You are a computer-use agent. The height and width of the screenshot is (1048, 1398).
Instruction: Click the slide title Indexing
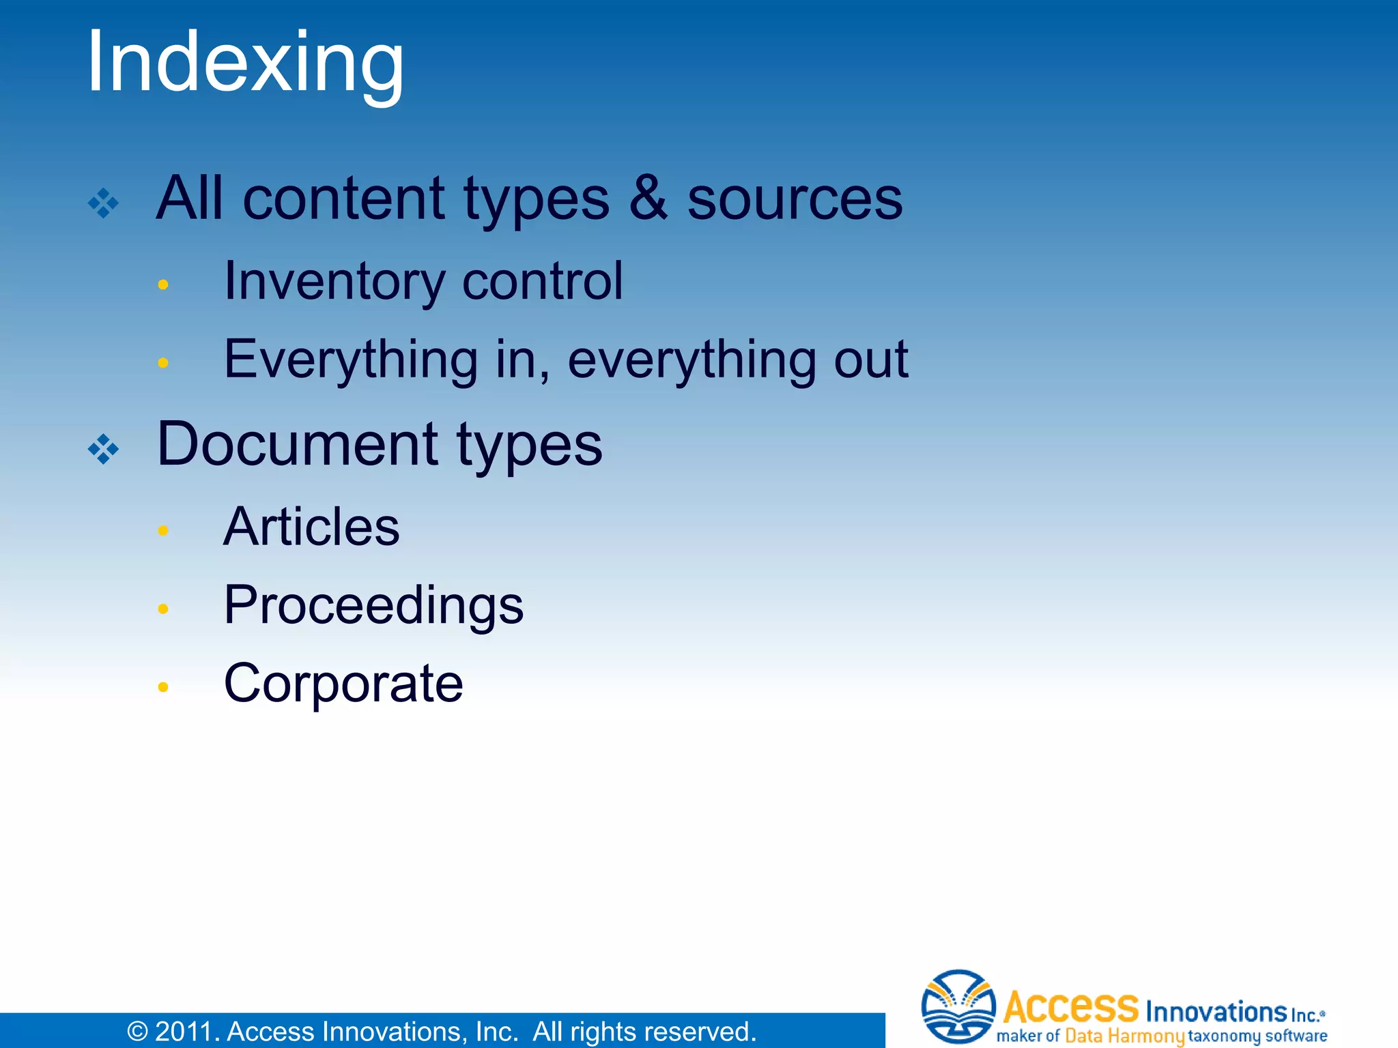pos(246,63)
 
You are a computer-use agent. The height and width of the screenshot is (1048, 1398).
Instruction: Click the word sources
pos(795,199)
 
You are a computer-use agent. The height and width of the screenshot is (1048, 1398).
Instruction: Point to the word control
pos(543,281)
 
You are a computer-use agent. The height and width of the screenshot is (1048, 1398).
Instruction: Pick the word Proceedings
pos(373,605)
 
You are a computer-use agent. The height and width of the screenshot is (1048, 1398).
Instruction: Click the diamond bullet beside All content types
pos(104,203)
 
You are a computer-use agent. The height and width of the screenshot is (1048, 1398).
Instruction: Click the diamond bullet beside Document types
pos(104,449)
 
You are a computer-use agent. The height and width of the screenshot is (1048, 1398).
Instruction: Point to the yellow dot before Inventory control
pos(162,285)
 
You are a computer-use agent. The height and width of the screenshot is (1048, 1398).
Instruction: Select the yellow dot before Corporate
pos(162,687)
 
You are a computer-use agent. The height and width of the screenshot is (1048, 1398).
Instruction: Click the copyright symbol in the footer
pos(137,1032)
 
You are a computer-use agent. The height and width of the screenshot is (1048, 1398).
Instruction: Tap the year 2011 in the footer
pos(182,1032)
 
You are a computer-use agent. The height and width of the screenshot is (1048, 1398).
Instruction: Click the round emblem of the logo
pos(958,1007)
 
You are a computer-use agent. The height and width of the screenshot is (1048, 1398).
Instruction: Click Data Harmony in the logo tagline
pos(1124,1036)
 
